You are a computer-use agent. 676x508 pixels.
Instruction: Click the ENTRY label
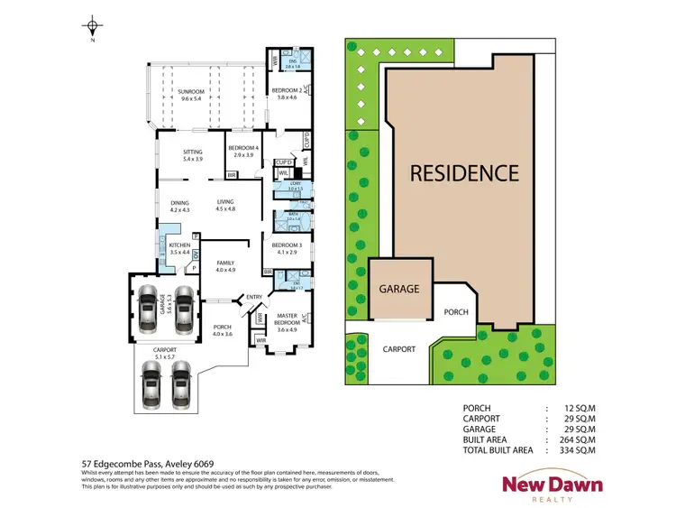253,297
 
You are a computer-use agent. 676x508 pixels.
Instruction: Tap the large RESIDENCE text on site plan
464,173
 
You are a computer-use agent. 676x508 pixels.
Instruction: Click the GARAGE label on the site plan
398,290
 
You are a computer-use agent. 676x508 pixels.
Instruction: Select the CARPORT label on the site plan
399,348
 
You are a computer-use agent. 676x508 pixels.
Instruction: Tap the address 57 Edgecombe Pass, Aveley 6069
147,464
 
